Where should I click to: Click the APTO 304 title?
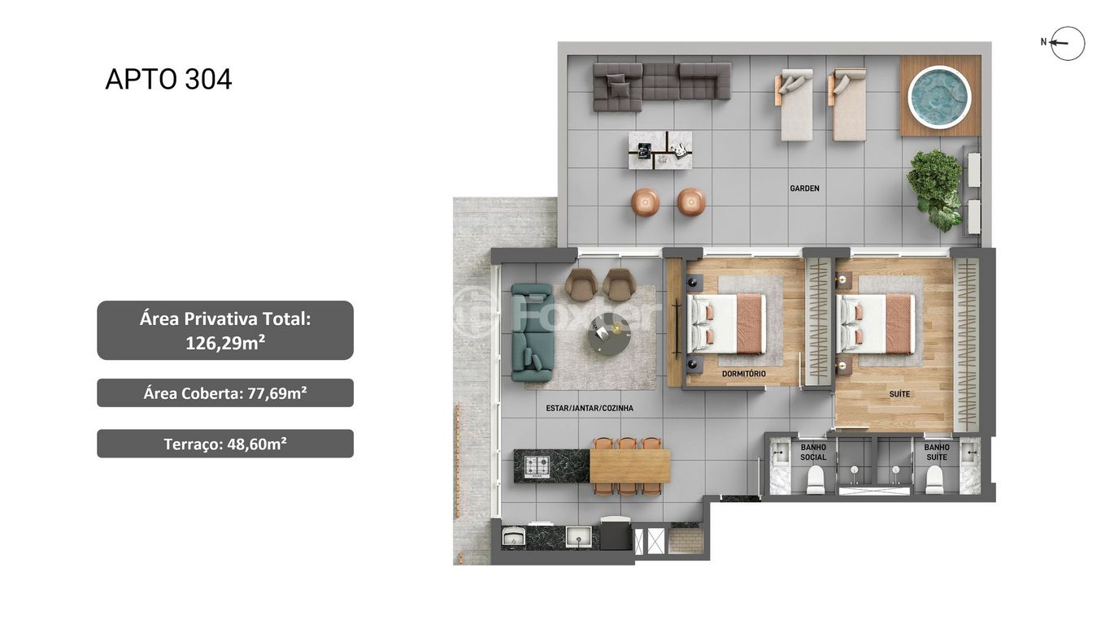click(168, 80)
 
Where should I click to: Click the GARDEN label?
click(804, 188)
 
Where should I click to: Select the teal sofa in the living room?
click(532, 332)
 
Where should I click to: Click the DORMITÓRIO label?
click(744, 374)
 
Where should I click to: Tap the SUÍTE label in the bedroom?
click(899, 394)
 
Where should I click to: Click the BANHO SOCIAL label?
click(813, 452)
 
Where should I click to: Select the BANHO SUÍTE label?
click(937, 452)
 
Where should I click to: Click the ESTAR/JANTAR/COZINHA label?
click(590, 408)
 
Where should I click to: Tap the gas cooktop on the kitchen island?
click(538, 466)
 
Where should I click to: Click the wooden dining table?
click(630, 466)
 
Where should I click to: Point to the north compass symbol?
click(1064, 43)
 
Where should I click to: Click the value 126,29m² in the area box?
click(225, 343)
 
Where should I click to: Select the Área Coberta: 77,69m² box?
click(225, 393)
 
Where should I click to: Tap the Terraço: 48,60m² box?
click(225, 444)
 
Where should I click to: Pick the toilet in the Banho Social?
click(815, 479)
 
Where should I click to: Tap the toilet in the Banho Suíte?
click(934, 479)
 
